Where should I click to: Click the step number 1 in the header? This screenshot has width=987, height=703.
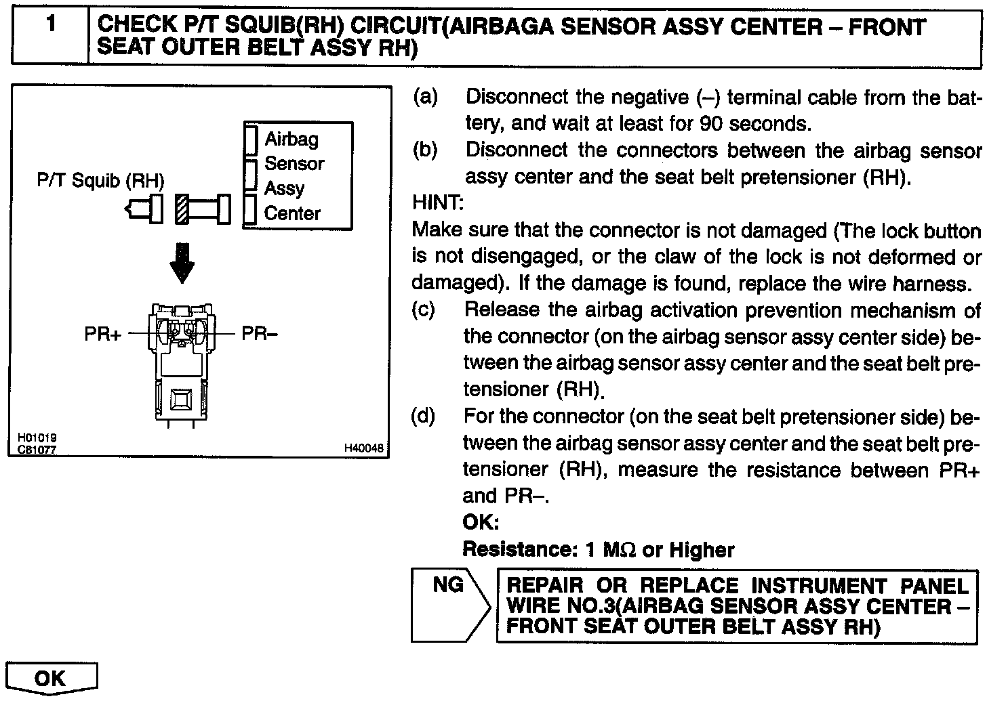click(x=51, y=26)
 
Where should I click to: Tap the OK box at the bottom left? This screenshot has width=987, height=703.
click(x=51, y=678)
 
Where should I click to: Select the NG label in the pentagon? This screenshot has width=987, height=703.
click(x=448, y=584)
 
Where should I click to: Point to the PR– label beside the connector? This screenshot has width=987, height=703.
click(x=260, y=334)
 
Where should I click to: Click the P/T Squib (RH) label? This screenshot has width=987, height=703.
click(x=101, y=181)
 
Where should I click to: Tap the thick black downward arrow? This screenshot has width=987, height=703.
click(x=182, y=262)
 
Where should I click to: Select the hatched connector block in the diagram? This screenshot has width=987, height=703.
click(x=181, y=209)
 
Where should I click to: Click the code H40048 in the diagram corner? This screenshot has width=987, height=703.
click(x=364, y=448)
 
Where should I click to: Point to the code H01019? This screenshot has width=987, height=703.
click(x=37, y=438)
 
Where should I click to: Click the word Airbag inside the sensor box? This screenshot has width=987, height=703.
click(x=291, y=139)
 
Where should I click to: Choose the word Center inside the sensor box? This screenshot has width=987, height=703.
click(x=292, y=213)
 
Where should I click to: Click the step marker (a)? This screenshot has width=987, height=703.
click(x=425, y=98)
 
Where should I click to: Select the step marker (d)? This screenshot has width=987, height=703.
click(x=424, y=416)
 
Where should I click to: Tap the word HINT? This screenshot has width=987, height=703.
click(x=438, y=203)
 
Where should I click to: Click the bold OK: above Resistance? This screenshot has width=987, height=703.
click(x=481, y=522)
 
